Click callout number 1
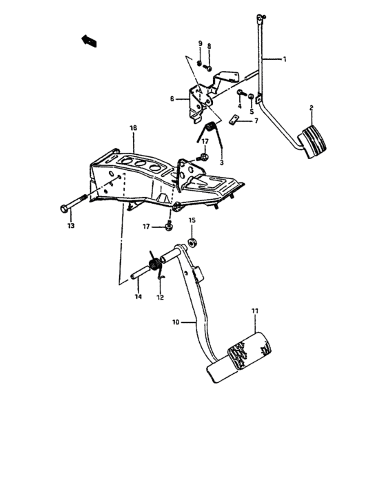click(284, 61)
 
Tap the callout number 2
click(311, 108)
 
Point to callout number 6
click(173, 99)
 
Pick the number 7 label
click(256, 120)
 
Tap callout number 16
click(133, 128)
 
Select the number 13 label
click(70, 225)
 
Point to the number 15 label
click(192, 220)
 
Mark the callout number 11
click(254, 311)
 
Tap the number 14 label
click(138, 297)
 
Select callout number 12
click(160, 297)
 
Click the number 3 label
click(221, 162)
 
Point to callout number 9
click(200, 43)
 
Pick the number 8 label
click(210, 45)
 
